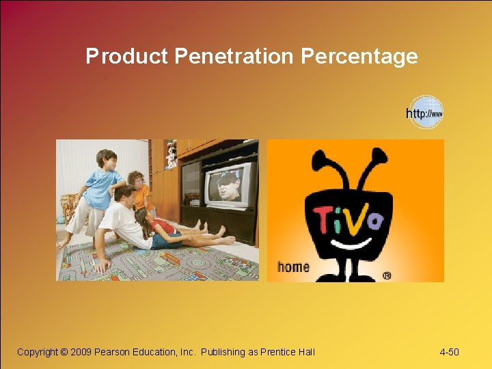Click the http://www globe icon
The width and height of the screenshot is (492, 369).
pyautogui.click(x=425, y=113)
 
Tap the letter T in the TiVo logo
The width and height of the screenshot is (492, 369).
pyautogui.click(x=325, y=217)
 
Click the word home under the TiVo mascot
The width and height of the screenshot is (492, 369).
pyautogui.click(x=293, y=266)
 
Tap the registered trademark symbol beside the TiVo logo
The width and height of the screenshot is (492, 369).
pyautogui.click(x=387, y=275)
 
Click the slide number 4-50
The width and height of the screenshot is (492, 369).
pyautogui.click(x=449, y=352)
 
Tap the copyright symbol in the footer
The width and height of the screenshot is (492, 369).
pyautogui.click(x=65, y=352)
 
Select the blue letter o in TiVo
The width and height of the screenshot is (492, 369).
pyautogui.click(x=376, y=221)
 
